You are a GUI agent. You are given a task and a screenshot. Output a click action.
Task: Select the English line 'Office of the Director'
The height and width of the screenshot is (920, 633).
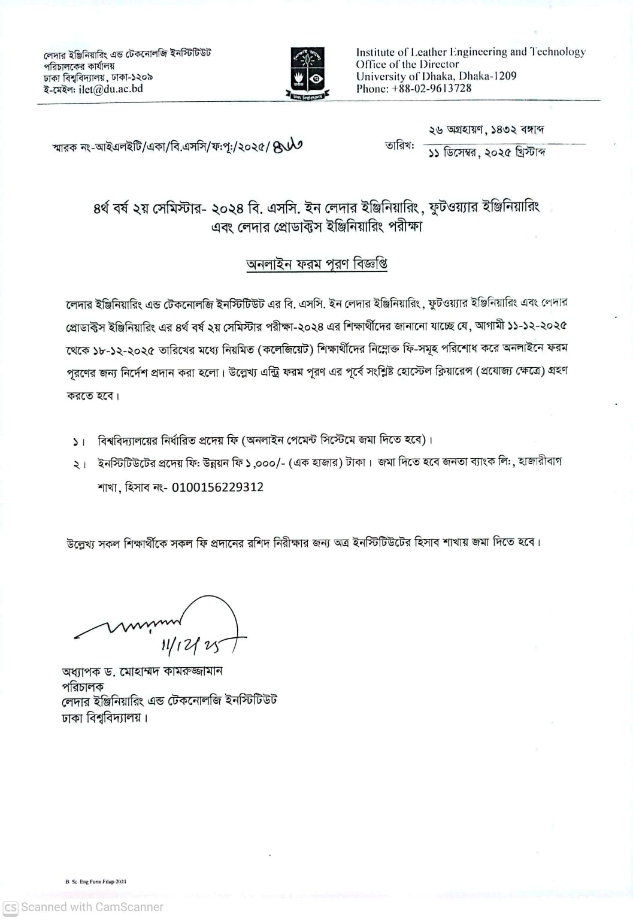tap(407, 64)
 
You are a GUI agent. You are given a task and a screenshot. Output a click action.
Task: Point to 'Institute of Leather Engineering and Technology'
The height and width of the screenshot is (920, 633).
tap(471, 52)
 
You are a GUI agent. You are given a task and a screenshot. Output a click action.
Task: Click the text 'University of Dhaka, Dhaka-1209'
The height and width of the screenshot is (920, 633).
tap(436, 76)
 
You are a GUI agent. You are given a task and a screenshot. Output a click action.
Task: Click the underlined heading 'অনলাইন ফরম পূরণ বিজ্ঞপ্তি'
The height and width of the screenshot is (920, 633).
tap(317, 264)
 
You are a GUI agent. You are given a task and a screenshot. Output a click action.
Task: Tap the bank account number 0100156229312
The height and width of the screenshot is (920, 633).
tap(217, 487)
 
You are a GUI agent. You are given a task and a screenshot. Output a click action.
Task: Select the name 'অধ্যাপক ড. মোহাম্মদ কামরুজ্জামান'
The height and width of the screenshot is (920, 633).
tap(142, 671)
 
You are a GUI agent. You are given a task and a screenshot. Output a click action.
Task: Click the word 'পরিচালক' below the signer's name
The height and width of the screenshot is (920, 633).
tap(83, 686)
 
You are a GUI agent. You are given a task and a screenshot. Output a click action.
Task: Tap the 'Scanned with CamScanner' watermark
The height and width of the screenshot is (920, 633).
tap(84, 907)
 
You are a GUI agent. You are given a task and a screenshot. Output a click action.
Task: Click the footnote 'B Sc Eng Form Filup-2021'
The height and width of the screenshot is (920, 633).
tap(96, 882)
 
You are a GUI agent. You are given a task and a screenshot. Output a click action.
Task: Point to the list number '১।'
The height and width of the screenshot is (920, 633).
tap(78, 441)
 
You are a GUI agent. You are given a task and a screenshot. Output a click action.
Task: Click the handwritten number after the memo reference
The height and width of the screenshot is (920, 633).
tap(288, 146)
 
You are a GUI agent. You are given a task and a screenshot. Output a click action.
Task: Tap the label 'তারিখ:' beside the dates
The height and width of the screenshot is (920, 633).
tap(399, 146)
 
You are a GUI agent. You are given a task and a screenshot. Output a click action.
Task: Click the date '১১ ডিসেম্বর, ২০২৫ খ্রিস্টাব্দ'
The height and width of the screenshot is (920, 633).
tap(486, 153)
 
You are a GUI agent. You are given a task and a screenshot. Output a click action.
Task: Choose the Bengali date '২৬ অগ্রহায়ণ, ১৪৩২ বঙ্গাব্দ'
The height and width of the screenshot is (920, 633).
tap(486, 130)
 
